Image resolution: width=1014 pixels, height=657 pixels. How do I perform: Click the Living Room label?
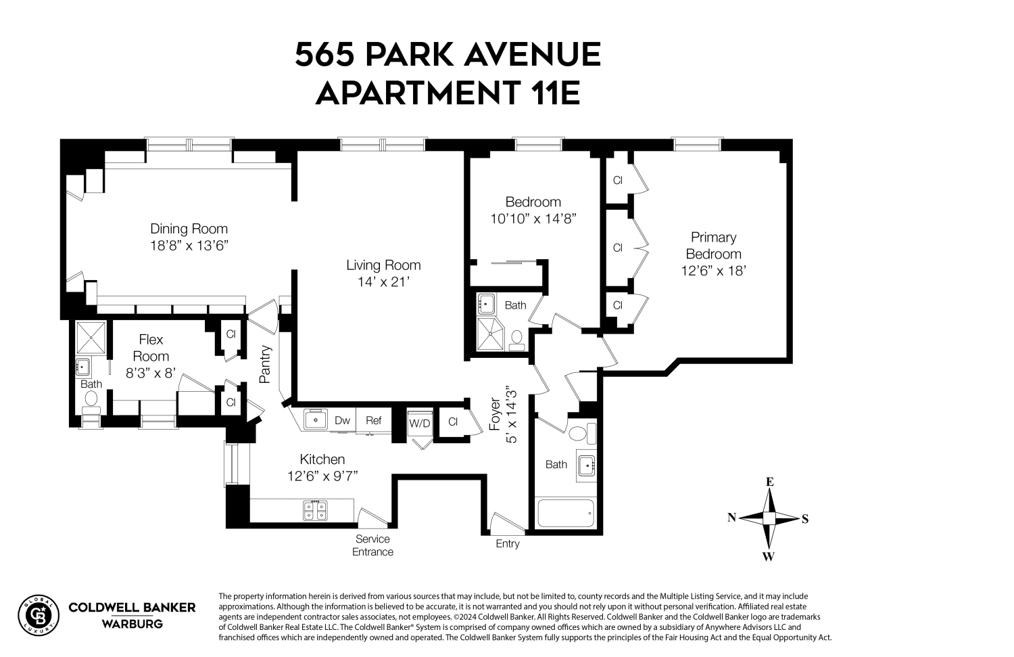click(x=383, y=265)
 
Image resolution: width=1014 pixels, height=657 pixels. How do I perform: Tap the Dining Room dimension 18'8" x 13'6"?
click(x=189, y=246)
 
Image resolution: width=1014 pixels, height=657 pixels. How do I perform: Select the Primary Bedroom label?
click(x=713, y=246)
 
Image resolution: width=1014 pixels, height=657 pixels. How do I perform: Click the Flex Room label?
click(x=151, y=348)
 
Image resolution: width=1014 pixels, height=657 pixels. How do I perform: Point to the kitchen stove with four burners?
click(x=315, y=510)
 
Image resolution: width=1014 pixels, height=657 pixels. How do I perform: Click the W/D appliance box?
click(x=419, y=424)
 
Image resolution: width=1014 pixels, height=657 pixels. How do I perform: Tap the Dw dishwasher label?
click(x=342, y=420)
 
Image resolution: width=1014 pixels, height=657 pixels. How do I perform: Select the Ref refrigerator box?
click(x=374, y=420)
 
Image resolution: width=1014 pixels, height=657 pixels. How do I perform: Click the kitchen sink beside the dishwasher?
click(x=314, y=420)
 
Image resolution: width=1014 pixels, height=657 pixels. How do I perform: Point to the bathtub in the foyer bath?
click(x=565, y=514)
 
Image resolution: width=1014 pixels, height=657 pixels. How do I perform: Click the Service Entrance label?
click(x=372, y=545)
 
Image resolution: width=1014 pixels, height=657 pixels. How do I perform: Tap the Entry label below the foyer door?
click(x=508, y=544)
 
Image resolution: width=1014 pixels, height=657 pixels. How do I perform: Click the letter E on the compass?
click(x=769, y=482)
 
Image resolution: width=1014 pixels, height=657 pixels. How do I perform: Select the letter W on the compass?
click(x=769, y=557)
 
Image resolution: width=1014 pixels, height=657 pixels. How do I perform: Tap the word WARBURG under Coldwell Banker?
click(x=132, y=624)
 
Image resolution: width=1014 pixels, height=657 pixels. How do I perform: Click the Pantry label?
click(x=266, y=365)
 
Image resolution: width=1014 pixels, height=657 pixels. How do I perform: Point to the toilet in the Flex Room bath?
click(x=91, y=401)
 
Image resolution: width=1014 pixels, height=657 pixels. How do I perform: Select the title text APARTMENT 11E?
click(x=448, y=93)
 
